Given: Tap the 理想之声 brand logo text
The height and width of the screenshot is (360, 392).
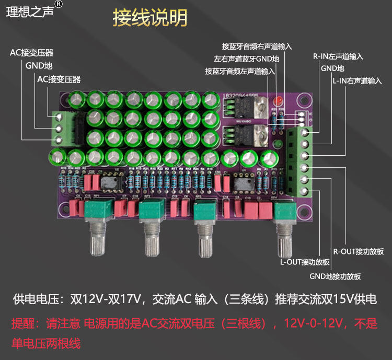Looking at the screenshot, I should click(x=29, y=11).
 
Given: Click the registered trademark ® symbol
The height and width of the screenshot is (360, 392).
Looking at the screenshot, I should click(x=59, y=4).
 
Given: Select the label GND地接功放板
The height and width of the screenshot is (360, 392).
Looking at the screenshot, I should click(x=335, y=276).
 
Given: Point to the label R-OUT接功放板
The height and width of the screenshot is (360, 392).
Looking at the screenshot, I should click(x=359, y=251).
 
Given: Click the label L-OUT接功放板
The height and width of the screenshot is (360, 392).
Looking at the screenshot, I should click(x=305, y=262).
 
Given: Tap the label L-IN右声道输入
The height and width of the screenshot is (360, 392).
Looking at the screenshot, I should click(x=356, y=81).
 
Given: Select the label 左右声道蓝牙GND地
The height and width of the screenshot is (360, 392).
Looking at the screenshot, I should click(x=247, y=59).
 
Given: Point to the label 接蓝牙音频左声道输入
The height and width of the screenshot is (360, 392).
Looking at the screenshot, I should click(x=240, y=71).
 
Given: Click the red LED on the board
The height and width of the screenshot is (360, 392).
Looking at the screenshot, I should click(x=279, y=100).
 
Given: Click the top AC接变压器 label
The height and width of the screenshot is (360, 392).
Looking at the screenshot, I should click(x=31, y=53).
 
